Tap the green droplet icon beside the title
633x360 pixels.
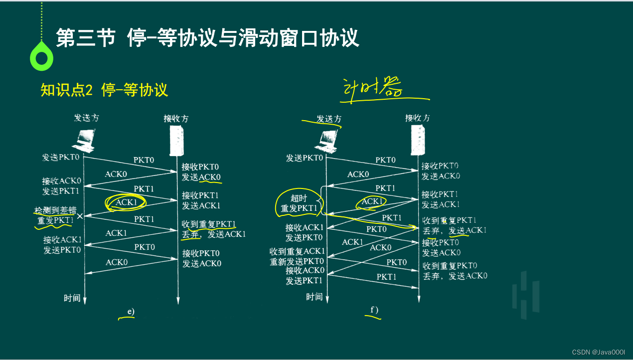[41, 58]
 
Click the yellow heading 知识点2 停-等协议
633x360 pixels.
[104, 90]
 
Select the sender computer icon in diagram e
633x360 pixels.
[84, 140]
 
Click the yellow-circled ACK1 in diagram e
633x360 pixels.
[126, 202]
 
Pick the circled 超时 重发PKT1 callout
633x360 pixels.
[299, 203]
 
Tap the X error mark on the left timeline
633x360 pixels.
[80, 216]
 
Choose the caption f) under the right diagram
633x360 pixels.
[374, 311]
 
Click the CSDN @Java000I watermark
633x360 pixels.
[598, 352]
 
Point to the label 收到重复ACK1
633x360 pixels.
[298, 251]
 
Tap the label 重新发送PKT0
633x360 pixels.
[297, 261]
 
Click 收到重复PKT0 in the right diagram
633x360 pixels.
[450, 265]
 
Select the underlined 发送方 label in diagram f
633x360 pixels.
[329, 119]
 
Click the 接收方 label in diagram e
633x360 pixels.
[176, 119]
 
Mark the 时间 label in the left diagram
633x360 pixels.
[72, 298]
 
